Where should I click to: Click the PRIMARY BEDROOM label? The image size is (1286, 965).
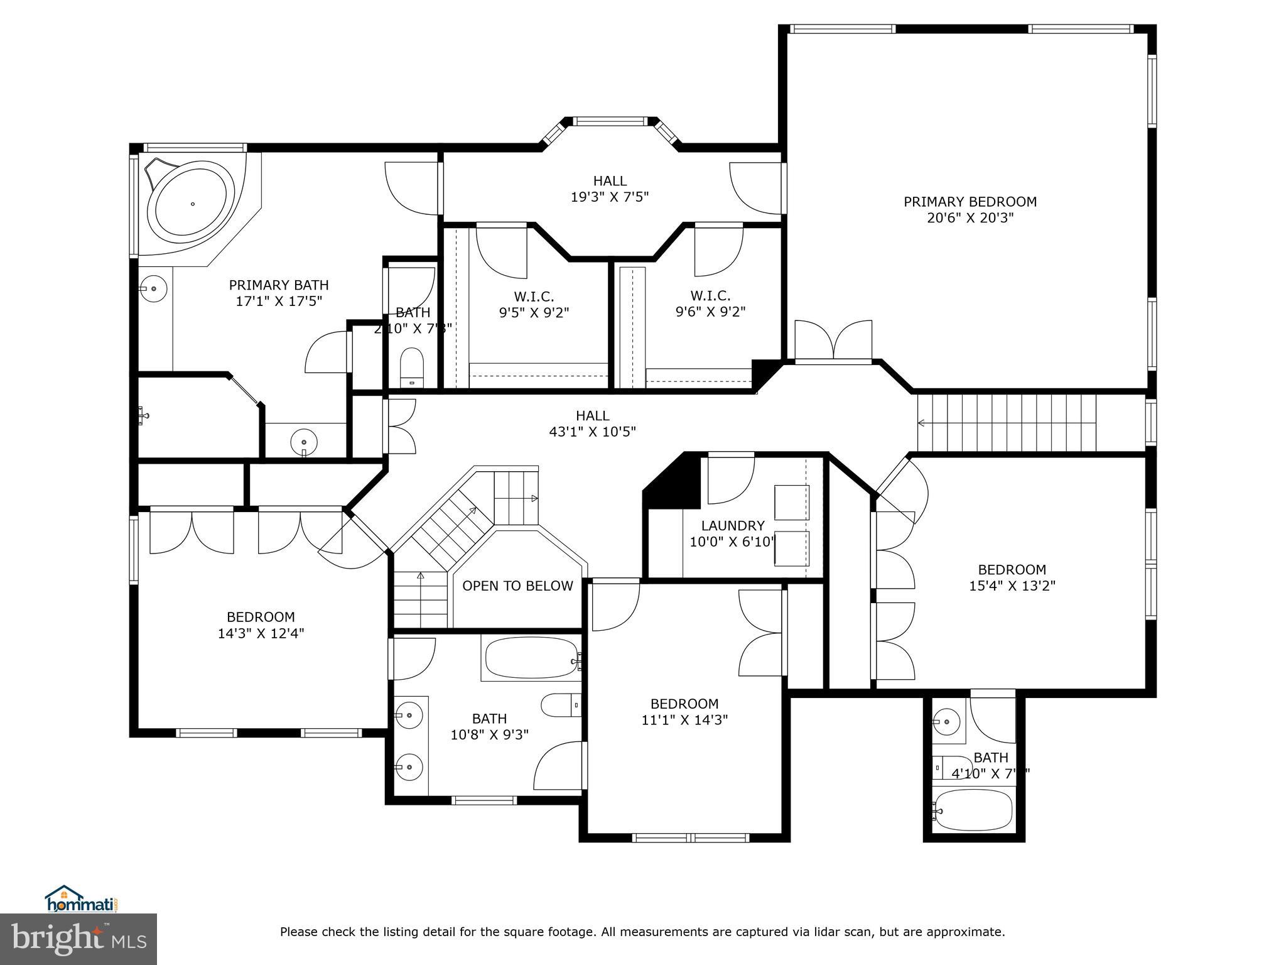point(970,202)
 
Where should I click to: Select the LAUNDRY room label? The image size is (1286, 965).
point(733,526)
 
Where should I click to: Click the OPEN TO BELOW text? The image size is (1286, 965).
point(517,586)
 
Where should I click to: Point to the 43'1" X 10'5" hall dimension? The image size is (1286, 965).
point(593,432)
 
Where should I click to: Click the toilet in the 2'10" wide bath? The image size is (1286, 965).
point(412,368)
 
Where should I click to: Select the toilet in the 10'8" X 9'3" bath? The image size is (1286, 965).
point(561,705)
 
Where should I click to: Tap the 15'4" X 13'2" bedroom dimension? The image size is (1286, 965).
point(1012,586)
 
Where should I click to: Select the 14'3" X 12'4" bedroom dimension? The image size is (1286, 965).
point(261,633)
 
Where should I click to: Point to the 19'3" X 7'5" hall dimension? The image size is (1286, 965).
point(610,197)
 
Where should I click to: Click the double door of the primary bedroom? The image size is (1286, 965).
point(833,341)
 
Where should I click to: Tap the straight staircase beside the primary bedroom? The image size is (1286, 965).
point(1007,423)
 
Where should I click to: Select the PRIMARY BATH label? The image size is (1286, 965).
point(279,285)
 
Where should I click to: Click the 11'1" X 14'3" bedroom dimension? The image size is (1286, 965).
point(684,720)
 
